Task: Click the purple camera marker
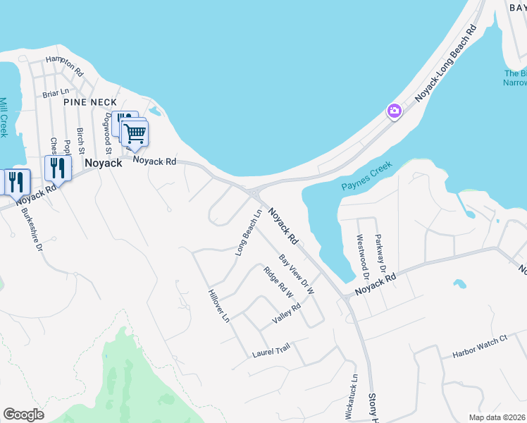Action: click(394, 111)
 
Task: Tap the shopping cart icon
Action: click(135, 133)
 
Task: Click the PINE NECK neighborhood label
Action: click(89, 102)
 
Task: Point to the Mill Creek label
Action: click(4, 117)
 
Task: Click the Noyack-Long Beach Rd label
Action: click(445, 63)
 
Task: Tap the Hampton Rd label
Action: click(64, 66)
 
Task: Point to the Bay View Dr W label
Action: click(296, 274)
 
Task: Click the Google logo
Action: click(23, 415)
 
